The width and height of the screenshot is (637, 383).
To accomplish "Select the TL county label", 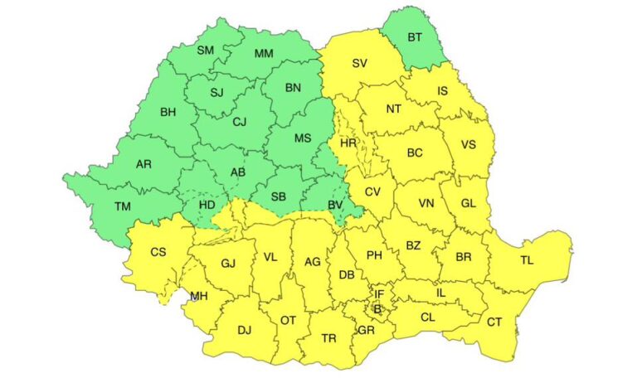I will tap(527, 259).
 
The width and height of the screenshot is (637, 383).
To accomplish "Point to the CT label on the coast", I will tap(494, 322).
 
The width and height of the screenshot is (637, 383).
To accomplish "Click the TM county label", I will tap(123, 207).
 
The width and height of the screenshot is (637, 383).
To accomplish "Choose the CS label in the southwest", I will tap(158, 251).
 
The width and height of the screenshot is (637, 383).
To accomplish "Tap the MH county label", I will tap(199, 296).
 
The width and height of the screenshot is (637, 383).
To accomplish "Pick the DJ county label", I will tap(244, 330).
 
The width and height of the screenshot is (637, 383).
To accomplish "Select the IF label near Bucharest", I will tap(379, 293).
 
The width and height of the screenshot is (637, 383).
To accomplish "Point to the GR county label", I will tap(366, 329).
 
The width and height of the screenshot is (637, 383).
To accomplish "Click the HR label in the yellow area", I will tap(348, 143).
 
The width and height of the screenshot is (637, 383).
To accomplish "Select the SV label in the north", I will tap(359, 63).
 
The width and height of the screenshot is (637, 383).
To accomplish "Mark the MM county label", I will tap(264, 54).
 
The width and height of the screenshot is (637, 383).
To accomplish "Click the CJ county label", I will tap(240, 123).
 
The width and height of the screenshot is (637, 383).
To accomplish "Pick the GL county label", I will tap(469, 203).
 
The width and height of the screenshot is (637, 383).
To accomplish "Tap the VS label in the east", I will tap(469, 145).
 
